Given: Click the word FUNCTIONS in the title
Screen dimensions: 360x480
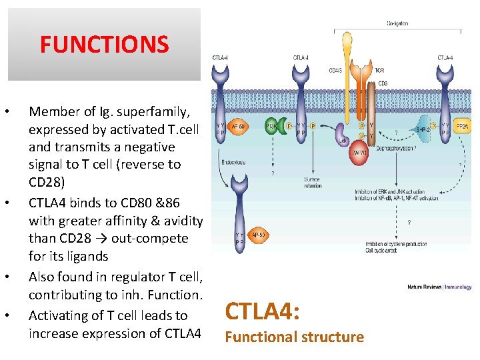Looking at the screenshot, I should click(104, 45).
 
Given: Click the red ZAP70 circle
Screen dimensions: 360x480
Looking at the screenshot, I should click(359, 153).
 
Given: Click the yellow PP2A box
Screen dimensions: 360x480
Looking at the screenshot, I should click(462, 125).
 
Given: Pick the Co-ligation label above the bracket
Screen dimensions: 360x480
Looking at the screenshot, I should click(397, 24).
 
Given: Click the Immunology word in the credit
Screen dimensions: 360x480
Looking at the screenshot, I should click(459, 287).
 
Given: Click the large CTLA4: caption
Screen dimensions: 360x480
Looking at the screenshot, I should click(263, 311).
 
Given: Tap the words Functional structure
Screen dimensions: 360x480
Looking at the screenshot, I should click(294, 337).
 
